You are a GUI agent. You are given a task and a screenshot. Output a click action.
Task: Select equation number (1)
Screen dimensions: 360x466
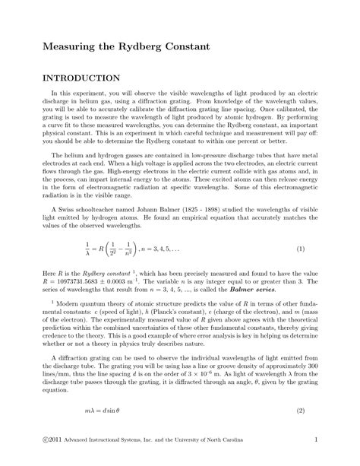point(301,249)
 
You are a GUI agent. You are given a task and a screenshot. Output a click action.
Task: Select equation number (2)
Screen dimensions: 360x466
point(301,411)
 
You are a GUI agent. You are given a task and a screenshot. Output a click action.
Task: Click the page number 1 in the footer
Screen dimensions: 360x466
point(304,440)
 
